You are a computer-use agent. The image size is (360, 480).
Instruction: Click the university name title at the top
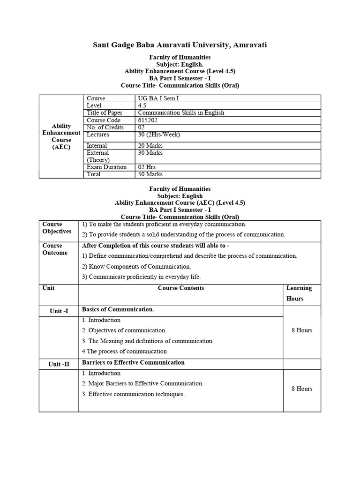pos(180,45)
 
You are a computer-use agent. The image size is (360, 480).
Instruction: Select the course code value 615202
pos(149,120)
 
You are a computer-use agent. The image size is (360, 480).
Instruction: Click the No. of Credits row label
pos(105,127)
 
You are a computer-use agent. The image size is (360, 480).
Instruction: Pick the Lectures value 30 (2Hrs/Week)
pos(159,135)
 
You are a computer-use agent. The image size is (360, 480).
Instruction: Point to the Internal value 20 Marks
pos(150,146)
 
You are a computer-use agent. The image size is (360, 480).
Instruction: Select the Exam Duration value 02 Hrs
pos(147,167)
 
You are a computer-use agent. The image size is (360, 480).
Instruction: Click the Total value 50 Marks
pos(150,174)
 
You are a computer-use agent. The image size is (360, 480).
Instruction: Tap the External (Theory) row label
pos(98,156)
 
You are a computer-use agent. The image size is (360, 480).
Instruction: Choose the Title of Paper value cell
pos(181,112)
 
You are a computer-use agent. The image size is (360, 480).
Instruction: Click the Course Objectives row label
pos(57,228)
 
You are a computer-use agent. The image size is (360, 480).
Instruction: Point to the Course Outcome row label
pos(55,249)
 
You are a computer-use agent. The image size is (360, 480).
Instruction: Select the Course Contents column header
pos(181,288)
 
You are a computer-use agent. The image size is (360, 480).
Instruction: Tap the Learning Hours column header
pos(299,293)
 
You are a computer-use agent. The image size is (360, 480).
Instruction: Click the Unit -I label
pos(59,311)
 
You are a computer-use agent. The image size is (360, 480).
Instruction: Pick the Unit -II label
pos(59,364)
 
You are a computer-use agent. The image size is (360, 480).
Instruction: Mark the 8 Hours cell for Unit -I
pos(301,330)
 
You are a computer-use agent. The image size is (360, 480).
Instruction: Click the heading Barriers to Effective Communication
pos(133,363)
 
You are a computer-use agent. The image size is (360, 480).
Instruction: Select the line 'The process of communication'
pos(125,351)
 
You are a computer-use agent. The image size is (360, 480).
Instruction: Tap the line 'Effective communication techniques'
pos(133,394)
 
